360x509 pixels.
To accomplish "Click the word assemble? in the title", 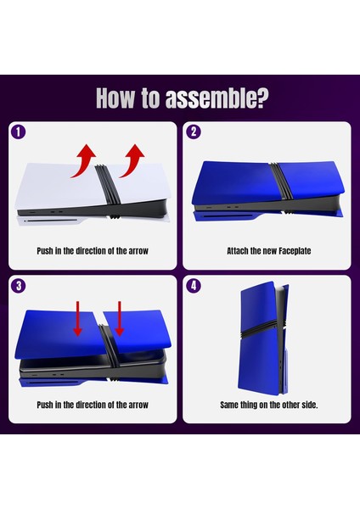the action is [217, 98].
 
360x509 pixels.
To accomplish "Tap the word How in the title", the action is [115, 98].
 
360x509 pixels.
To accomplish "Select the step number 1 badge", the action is [18, 132].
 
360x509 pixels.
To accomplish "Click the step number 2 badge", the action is [194, 131].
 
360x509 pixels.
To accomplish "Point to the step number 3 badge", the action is [18, 286].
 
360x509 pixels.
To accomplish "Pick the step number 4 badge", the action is [194, 286].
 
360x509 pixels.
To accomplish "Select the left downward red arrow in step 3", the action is [77, 318].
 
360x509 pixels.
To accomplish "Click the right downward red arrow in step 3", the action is [120, 318].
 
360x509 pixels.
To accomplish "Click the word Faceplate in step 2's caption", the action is [295, 251].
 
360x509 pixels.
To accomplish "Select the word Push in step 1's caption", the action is [44, 251].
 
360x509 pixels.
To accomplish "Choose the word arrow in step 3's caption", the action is [138, 406].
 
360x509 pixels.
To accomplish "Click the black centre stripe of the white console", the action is [108, 191].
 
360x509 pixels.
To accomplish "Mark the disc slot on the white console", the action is [52, 221].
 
